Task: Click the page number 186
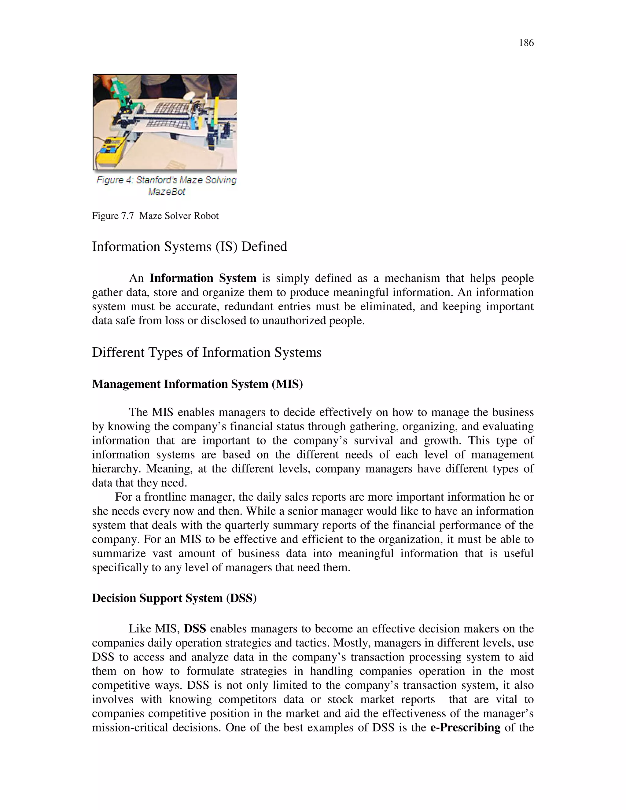point(526,43)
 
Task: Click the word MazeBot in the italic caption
point(167,192)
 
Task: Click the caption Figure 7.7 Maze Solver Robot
point(155,216)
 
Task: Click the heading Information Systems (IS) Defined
point(189,247)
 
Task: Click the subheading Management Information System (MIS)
point(197,384)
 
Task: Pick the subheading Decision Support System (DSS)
point(174,598)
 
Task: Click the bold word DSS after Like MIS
point(195,629)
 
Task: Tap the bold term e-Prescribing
point(465,728)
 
